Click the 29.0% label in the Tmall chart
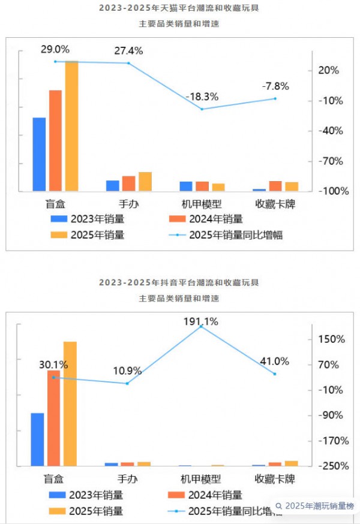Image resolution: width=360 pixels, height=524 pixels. (55, 49)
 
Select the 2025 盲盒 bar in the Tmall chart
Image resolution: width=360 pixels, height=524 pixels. (71, 126)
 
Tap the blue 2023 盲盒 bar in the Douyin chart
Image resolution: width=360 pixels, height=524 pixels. (38, 439)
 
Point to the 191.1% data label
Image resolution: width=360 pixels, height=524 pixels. (200, 322)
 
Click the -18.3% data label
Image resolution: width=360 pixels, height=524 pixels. (202, 97)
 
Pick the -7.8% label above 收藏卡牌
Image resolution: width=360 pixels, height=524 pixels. (275, 86)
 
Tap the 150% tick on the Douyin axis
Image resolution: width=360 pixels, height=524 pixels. (331, 339)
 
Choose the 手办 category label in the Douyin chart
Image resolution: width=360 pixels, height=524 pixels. (128, 479)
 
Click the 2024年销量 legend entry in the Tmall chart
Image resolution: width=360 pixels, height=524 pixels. (206, 219)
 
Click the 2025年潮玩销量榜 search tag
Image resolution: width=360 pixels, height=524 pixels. (316, 506)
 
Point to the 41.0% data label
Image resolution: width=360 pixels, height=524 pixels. (275, 362)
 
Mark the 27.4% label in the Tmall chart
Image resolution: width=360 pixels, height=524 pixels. (129, 51)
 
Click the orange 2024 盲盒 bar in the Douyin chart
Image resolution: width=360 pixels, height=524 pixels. (54, 418)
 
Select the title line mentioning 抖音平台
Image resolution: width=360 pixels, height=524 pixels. (180, 282)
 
